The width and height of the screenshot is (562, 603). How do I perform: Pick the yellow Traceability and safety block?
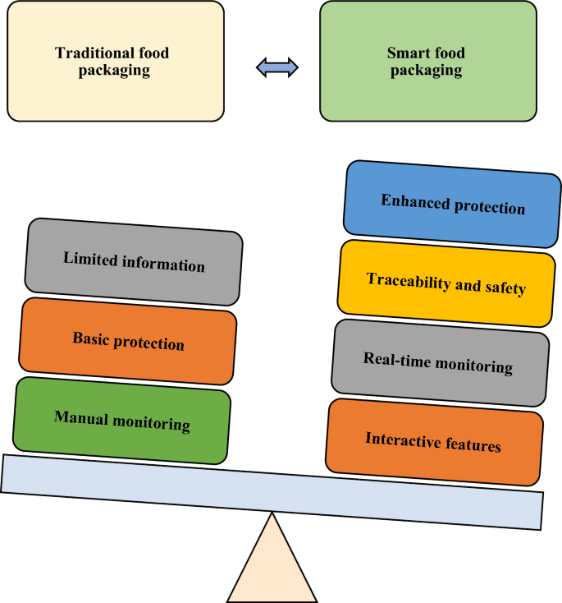(446, 284)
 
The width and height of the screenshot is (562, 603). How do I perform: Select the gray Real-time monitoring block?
(440, 362)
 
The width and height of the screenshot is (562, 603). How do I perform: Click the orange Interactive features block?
(434, 442)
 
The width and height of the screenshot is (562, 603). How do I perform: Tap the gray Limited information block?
(134, 262)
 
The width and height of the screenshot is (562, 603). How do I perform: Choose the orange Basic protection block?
(128, 341)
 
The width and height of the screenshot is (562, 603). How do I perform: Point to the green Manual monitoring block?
(122, 420)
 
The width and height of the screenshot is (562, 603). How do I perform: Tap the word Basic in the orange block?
(91, 338)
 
